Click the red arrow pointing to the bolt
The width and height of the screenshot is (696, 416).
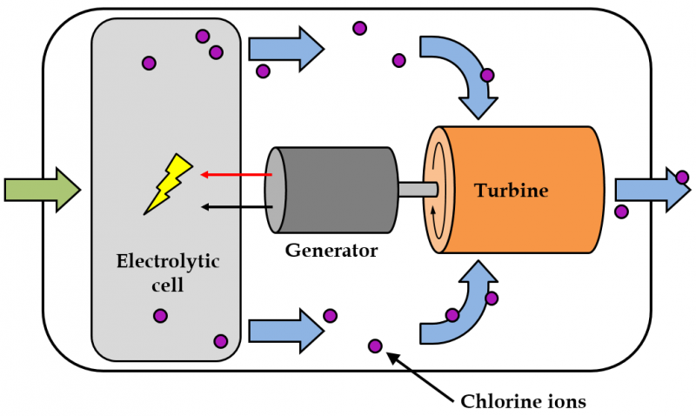click(236, 174)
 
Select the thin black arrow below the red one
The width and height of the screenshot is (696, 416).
click(236, 206)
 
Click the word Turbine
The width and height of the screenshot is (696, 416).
click(511, 189)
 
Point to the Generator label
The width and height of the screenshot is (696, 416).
click(331, 251)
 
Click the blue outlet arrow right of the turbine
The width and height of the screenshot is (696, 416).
click(649, 189)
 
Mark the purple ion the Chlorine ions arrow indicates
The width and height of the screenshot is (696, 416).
click(375, 346)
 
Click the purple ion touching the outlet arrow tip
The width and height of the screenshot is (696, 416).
click(683, 178)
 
